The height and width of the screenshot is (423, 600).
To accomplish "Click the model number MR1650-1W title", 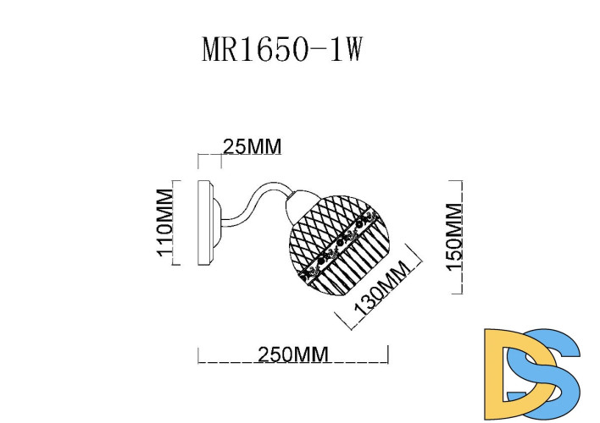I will tap(282, 50).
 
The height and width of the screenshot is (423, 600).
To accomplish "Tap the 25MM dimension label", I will tap(251, 146).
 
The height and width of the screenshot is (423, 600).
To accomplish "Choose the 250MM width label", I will tap(292, 354).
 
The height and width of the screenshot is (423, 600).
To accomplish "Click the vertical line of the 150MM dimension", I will tap(462, 237).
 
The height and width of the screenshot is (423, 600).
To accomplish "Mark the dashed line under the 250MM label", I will tap(292, 363).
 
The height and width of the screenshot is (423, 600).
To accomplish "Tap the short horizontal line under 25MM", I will tap(209, 155).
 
